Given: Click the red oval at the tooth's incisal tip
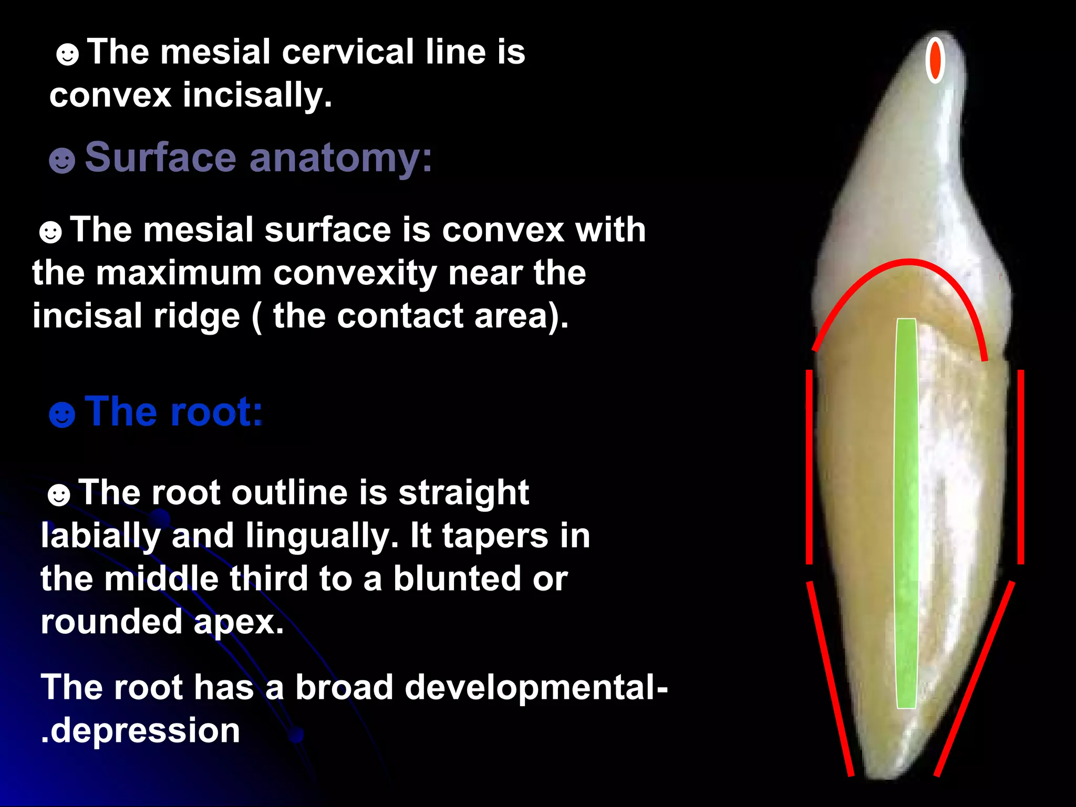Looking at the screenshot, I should [935, 60].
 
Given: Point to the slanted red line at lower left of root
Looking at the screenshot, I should [830, 678].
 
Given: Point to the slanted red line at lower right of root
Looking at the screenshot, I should [975, 678].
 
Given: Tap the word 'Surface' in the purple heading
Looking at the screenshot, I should [160, 157].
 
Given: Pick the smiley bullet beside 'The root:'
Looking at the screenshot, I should [62, 415].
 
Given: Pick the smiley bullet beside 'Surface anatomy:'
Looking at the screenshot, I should [62, 160].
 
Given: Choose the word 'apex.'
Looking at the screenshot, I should [239, 622].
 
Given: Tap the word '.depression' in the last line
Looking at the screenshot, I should [141, 730].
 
